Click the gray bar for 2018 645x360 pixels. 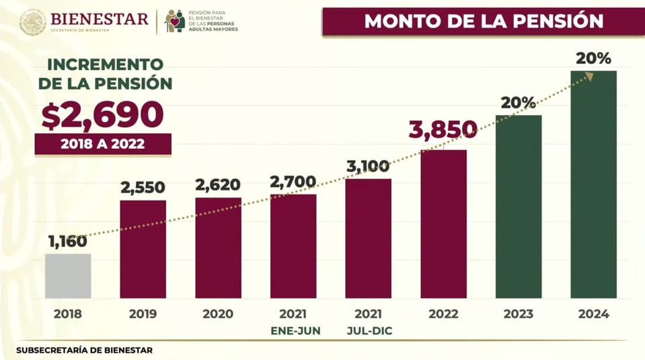(x=68, y=276)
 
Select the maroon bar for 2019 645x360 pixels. (x=143, y=249)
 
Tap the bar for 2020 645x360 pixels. (x=218, y=248)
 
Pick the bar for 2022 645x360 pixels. (x=443, y=223)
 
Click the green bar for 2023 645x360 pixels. (x=519, y=207)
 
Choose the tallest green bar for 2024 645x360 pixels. (x=593, y=184)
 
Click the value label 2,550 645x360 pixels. (x=143, y=188)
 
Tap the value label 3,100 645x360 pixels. (x=368, y=166)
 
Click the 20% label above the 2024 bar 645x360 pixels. (x=593, y=59)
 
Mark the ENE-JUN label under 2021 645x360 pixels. (x=293, y=330)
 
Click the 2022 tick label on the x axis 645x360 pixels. (x=443, y=314)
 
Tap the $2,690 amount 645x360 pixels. (x=102, y=115)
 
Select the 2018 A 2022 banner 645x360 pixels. (x=103, y=144)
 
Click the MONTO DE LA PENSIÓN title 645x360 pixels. (x=483, y=21)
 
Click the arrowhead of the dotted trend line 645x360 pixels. (x=590, y=76)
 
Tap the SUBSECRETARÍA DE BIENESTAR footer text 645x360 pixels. (x=84, y=350)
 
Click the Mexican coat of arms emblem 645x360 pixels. (x=32, y=22)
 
